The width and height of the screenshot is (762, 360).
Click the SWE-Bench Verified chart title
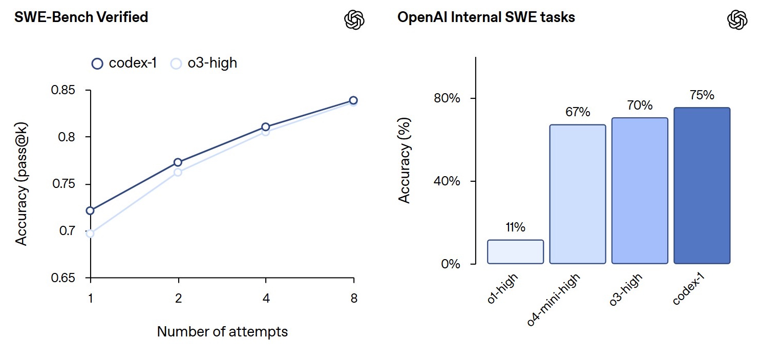[x=81, y=17]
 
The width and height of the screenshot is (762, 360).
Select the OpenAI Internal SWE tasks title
[x=486, y=17]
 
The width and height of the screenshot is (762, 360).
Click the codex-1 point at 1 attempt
[x=91, y=210]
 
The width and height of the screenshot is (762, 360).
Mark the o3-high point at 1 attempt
[x=91, y=234]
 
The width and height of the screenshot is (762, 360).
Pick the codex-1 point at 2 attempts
[x=178, y=162]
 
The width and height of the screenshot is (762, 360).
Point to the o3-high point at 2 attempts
[x=178, y=172]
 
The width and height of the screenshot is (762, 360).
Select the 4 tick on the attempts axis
[x=265, y=299]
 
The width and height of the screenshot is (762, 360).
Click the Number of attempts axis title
[x=222, y=332]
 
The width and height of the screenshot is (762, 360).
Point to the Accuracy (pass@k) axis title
[x=21, y=184]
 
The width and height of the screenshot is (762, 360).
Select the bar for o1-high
[x=515, y=252]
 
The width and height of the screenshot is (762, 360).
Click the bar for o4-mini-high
[x=577, y=195]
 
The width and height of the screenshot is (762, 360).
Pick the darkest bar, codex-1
[x=702, y=186]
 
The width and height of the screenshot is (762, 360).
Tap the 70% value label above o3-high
[x=640, y=105]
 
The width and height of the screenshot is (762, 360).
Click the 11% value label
[x=515, y=228]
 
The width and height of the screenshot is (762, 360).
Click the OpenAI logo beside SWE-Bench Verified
[x=354, y=19]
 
